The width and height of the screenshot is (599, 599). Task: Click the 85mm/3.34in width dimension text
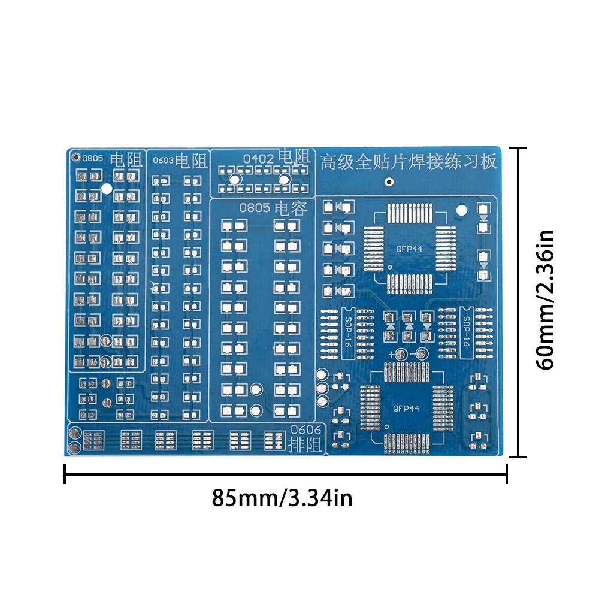(282, 497)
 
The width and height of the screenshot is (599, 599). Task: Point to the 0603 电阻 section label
(180, 161)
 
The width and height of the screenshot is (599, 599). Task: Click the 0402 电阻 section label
(276, 158)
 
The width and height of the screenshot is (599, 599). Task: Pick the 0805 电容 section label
(273, 209)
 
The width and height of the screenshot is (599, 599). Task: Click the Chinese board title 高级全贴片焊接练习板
(409, 162)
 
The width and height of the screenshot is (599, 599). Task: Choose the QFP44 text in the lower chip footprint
(406, 409)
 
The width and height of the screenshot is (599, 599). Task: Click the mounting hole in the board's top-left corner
(75, 158)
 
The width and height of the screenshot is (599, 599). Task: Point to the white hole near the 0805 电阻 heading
(107, 189)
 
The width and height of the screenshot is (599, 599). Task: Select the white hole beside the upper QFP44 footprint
(461, 210)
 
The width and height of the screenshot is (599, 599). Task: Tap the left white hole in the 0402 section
(235, 180)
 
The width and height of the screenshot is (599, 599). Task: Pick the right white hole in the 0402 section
(284, 180)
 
